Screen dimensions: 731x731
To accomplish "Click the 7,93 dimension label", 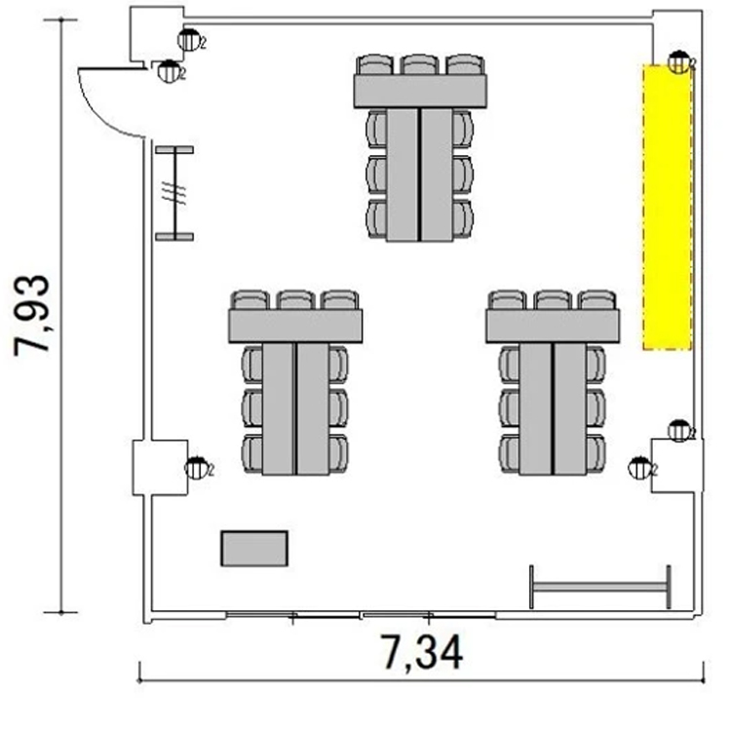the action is pos(32,316).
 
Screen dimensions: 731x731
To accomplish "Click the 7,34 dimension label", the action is pos(423,652).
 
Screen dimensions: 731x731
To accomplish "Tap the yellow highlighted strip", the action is pos(667,207).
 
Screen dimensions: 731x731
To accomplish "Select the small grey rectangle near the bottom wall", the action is pos(254,549).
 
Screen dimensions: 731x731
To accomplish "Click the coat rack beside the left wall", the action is pos(174,194).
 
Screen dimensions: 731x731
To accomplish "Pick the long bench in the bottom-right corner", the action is pos(600,587).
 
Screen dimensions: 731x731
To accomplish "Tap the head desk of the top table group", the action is pos(420,91).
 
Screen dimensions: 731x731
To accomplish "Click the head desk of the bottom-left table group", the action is pos(295,326).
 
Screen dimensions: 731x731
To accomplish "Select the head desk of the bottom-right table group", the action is pos(553,326).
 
